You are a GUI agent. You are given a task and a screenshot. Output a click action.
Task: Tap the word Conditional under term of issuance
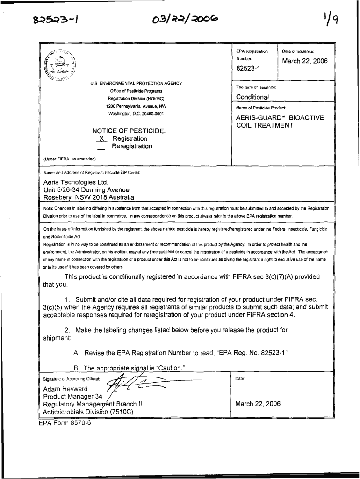(252, 97)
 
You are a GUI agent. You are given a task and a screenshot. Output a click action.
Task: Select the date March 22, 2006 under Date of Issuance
(305, 61)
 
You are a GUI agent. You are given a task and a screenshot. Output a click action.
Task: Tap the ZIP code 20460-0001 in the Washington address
(150, 114)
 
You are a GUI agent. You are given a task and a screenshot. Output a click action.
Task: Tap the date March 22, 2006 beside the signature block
(258, 404)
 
